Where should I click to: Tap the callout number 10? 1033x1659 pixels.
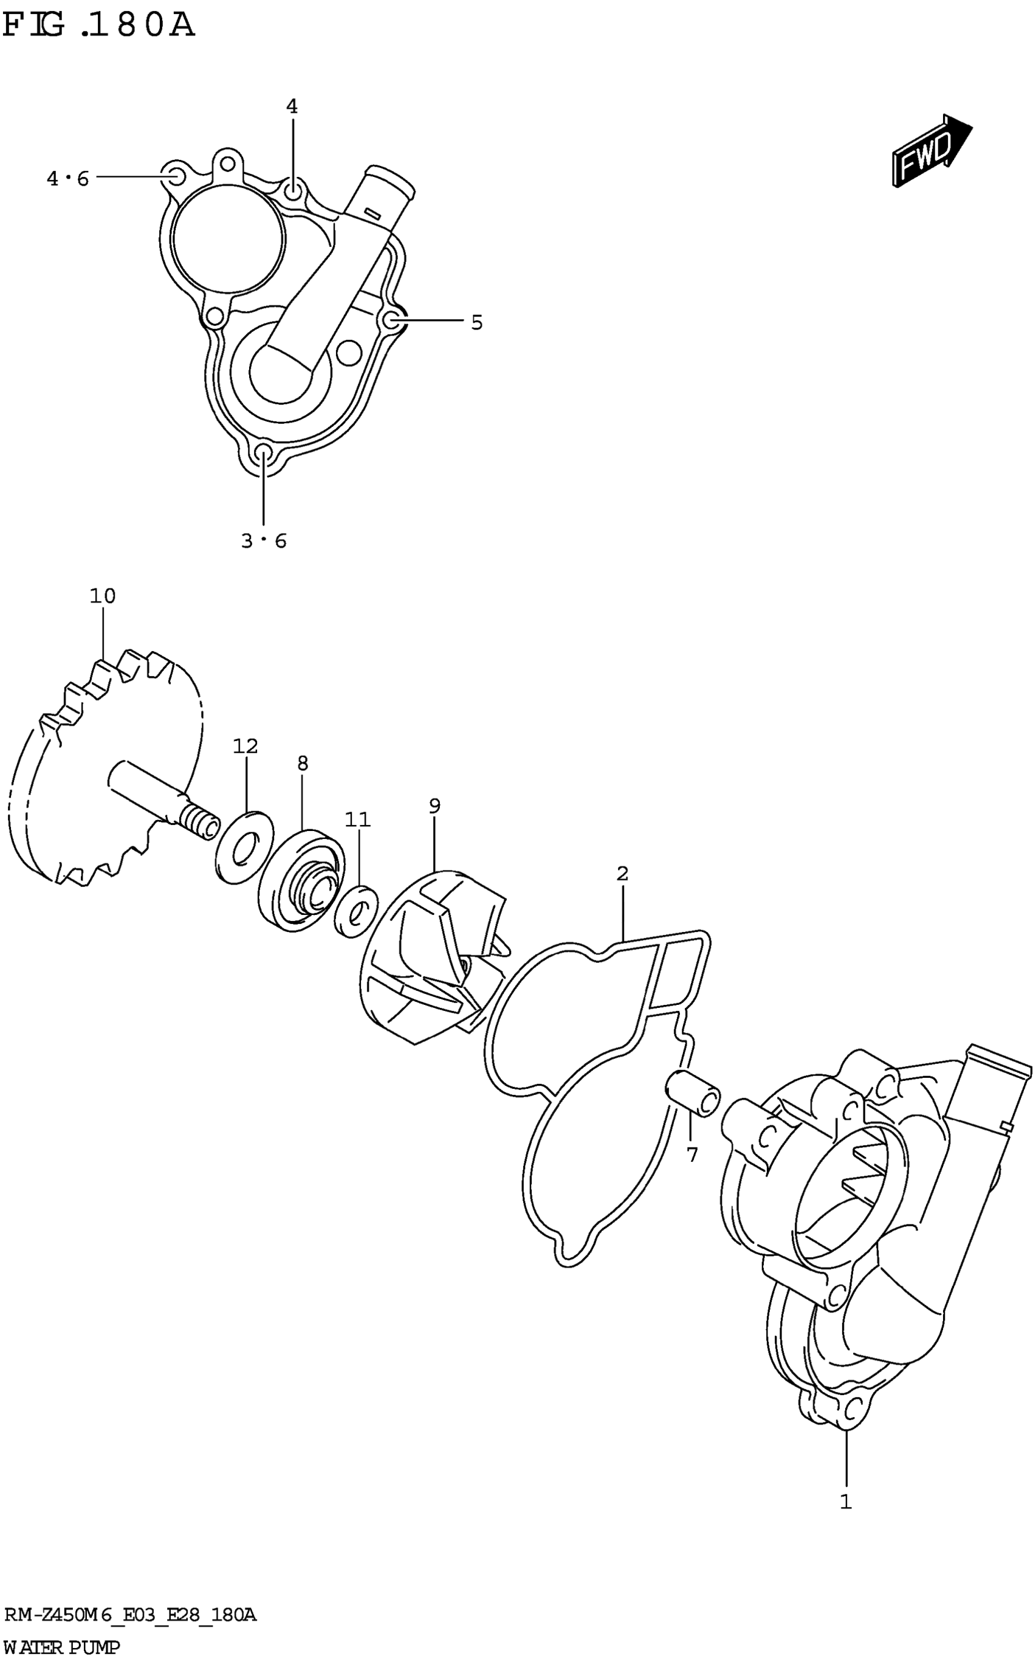pyautogui.click(x=103, y=596)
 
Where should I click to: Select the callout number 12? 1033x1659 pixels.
pyautogui.click(x=245, y=746)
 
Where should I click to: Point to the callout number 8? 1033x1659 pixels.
pyautogui.click(x=303, y=763)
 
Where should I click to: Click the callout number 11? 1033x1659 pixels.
pyautogui.click(x=357, y=819)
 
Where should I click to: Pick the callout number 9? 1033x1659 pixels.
pyautogui.click(x=434, y=805)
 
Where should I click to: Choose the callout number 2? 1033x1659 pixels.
pyautogui.click(x=622, y=873)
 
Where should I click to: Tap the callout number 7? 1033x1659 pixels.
pyautogui.click(x=692, y=1156)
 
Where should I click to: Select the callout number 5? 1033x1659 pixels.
pyautogui.click(x=477, y=322)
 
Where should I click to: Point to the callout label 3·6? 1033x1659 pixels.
pyautogui.click(x=264, y=541)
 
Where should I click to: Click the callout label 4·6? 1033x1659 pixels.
pyautogui.click(x=67, y=179)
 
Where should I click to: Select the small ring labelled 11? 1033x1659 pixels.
pyautogui.click(x=356, y=911)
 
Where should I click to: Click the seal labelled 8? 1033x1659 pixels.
pyautogui.click(x=301, y=880)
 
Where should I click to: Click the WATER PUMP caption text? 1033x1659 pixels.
pyautogui.click(x=61, y=1647)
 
